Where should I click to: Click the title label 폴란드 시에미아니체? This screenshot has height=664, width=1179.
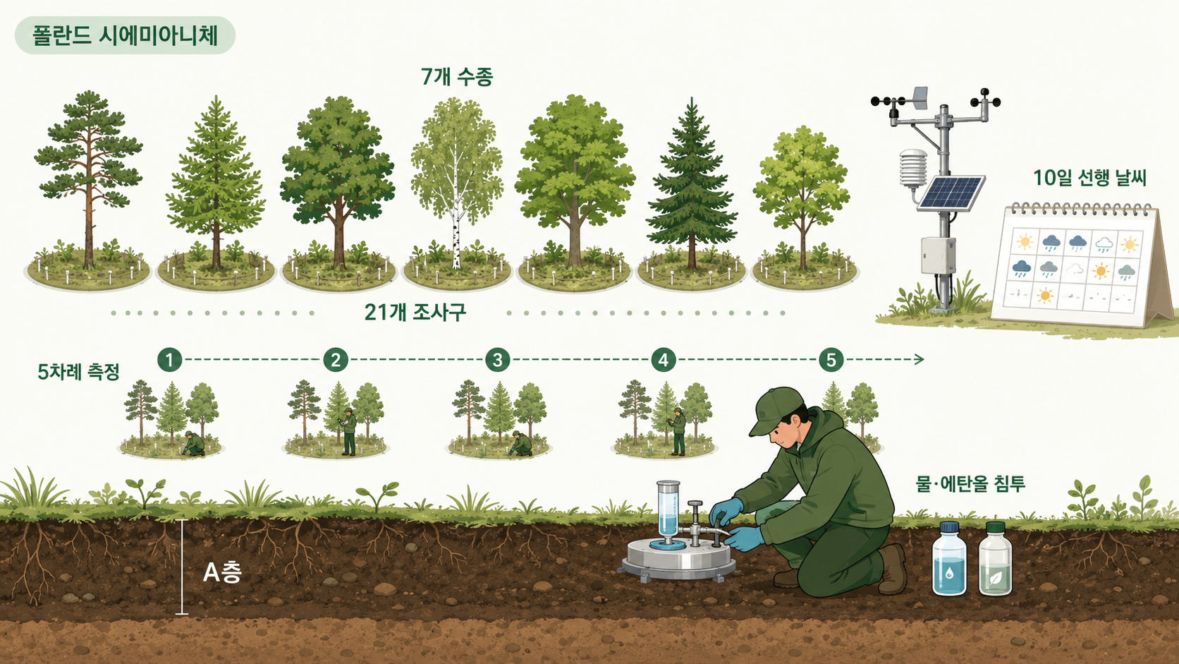(x=126, y=36)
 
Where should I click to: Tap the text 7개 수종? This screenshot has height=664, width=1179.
(x=457, y=77)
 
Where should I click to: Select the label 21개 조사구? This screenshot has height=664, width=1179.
(x=415, y=313)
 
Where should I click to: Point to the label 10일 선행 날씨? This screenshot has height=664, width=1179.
(x=1089, y=178)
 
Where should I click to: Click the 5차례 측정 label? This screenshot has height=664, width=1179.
(x=78, y=372)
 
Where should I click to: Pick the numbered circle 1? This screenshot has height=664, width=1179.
(x=169, y=360)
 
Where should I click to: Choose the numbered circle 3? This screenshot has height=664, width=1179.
(x=497, y=360)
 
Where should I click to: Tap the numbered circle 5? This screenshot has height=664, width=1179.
(x=831, y=360)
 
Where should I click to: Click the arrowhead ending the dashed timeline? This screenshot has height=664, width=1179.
(x=919, y=360)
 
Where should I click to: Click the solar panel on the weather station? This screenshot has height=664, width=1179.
(x=951, y=193)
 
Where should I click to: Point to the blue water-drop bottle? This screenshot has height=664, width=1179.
(x=949, y=559)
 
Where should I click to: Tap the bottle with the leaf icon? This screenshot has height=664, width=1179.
(x=995, y=559)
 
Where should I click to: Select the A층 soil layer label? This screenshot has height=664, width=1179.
(x=222, y=572)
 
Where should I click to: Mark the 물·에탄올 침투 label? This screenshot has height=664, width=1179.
(x=970, y=483)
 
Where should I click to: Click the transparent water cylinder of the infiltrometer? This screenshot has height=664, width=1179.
(x=668, y=511)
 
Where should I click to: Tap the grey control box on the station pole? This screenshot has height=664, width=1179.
(x=938, y=256)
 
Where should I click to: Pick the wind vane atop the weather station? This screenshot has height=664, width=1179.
(x=920, y=98)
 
